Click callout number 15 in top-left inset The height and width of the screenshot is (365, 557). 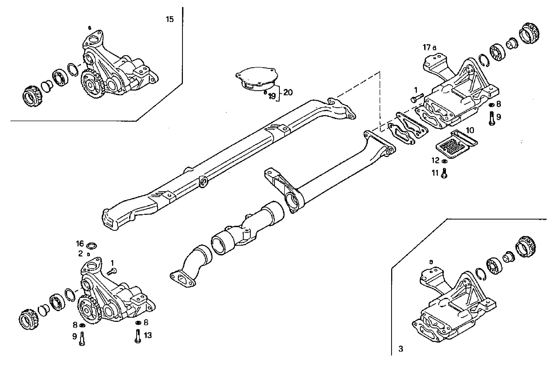coord(170,19)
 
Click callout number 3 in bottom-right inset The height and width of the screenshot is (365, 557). coord(401,349)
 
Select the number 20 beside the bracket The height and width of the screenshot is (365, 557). coord(288,92)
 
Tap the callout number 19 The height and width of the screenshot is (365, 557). coord(272,97)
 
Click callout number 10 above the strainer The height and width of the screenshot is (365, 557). coord(470,130)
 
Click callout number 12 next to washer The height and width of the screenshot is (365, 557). coord(435,160)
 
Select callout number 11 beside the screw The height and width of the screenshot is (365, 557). coord(435,173)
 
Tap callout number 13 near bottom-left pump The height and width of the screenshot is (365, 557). coord(148,335)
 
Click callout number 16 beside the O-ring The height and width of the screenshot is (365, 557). coord(80,244)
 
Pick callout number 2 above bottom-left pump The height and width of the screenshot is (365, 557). coord(80,253)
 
